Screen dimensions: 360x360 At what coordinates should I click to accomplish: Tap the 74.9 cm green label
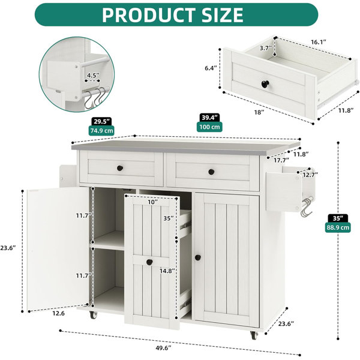(x=101, y=131)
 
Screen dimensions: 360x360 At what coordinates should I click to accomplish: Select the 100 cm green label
(x=209, y=127)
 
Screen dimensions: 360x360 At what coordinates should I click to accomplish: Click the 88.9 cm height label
(x=338, y=227)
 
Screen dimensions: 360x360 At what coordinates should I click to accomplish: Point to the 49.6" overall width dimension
(x=164, y=348)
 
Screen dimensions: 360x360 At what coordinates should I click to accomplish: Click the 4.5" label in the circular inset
(x=93, y=76)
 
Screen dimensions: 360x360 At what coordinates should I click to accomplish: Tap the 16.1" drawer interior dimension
(x=319, y=42)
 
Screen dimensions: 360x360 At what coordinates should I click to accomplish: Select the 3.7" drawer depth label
(x=266, y=48)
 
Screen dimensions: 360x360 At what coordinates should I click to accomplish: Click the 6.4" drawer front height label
(x=211, y=68)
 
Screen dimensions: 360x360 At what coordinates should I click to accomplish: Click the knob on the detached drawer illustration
(x=265, y=84)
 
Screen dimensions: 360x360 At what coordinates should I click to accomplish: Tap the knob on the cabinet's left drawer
(x=120, y=168)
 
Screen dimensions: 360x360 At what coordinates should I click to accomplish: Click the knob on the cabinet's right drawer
(x=211, y=172)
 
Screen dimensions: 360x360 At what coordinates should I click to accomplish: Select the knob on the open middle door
(x=149, y=262)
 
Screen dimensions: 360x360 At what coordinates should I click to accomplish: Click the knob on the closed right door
(x=197, y=257)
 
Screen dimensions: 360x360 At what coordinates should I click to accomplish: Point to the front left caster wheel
(x=93, y=315)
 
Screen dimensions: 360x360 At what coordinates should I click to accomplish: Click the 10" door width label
(x=152, y=202)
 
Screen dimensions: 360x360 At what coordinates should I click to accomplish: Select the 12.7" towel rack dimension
(x=310, y=175)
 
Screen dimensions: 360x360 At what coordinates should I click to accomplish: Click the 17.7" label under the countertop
(x=281, y=160)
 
